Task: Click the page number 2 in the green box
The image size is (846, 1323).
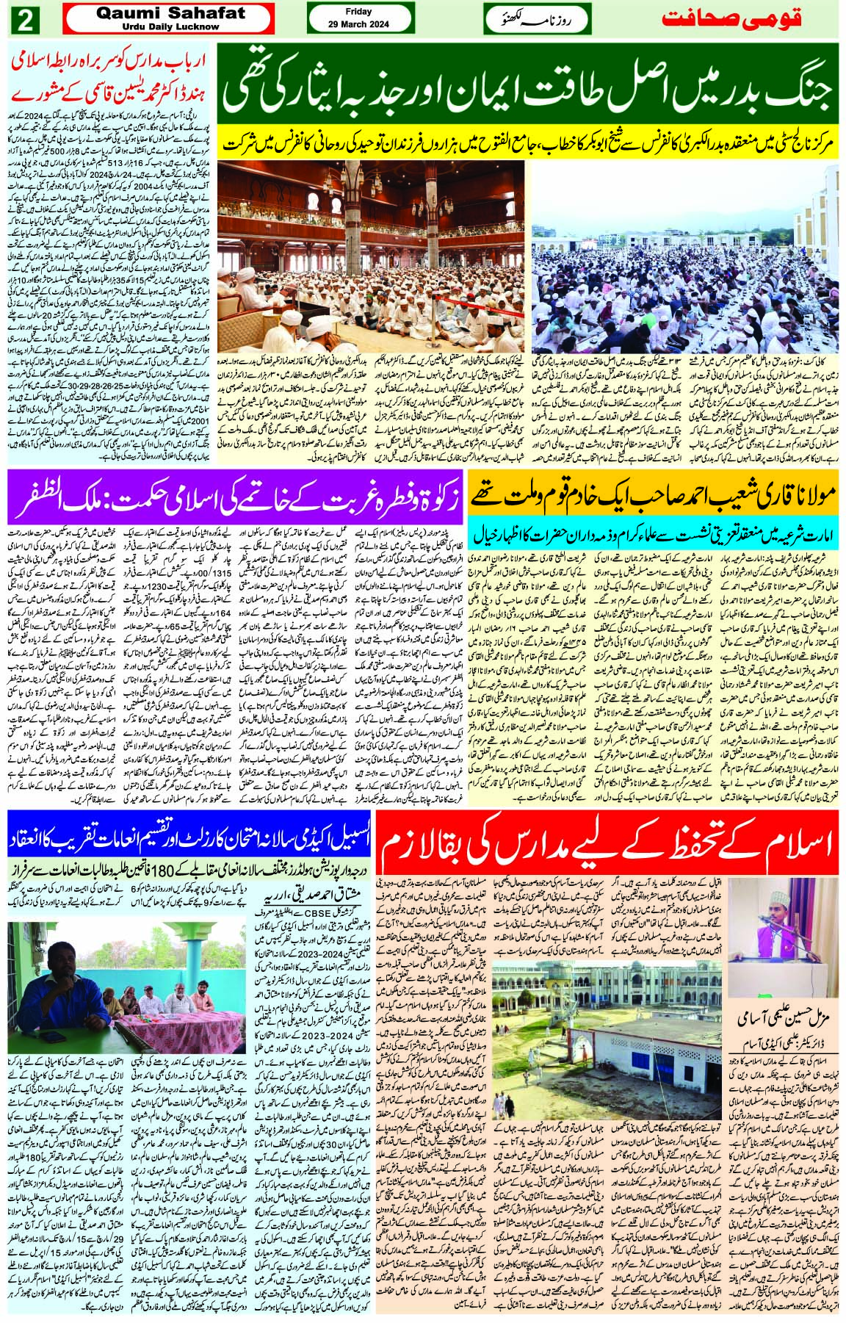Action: [x=24, y=20]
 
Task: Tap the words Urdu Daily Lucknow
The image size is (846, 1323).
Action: [x=168, y=26]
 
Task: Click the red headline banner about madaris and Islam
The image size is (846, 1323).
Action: [x=609, y=843]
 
